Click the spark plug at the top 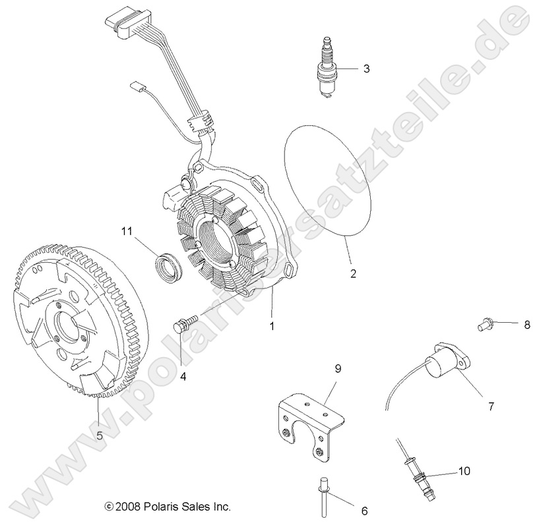click(325, 69)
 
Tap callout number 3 click(366, 68)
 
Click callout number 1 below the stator click(270, 325)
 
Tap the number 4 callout click(183, 377)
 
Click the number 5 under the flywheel click(99, 435)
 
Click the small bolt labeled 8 click(484, 323)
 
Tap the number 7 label click(490, 406)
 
